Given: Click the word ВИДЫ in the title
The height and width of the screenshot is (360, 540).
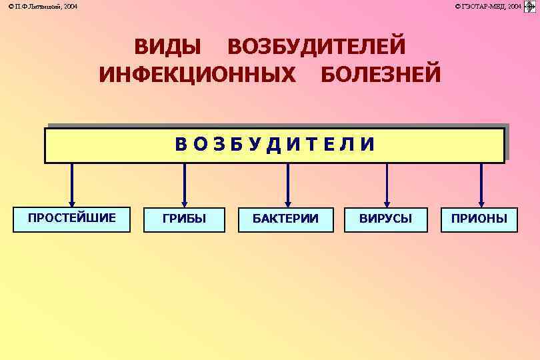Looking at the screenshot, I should coord(167,47).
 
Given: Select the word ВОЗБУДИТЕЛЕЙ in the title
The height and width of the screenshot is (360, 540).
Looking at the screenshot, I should coord(316,47).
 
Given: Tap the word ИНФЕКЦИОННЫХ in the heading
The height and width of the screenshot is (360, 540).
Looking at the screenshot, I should coord(197,74).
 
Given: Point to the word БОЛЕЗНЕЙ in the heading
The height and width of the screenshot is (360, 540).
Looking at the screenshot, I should coord(381,74).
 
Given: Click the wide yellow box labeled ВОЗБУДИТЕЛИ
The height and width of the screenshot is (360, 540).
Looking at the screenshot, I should coord(275,145).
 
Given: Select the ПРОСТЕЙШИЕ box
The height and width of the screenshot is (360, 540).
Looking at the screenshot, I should coord(72,219).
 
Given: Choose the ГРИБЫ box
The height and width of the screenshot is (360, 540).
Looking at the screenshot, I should coord(185,219).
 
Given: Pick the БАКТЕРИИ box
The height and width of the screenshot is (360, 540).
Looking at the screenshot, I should coord(285,219).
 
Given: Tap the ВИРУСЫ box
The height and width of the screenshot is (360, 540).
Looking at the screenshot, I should coord(385,219).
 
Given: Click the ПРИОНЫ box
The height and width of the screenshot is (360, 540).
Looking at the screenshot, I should coord(479,219).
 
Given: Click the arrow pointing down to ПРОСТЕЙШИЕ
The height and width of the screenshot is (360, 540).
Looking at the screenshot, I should coord(72,185).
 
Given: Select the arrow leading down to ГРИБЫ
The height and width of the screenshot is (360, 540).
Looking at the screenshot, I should coord(185,185).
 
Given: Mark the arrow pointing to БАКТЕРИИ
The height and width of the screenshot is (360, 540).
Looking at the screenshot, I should coord(288,185).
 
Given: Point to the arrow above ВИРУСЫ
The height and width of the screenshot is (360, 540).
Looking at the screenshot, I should coord(387,185).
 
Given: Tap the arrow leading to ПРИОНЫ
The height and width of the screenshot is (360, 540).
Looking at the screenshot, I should coord(481,185).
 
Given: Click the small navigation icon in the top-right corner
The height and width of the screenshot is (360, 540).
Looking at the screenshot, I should coord(530,6).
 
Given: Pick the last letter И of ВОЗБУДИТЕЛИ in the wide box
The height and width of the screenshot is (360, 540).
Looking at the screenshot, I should coord(367,145).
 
